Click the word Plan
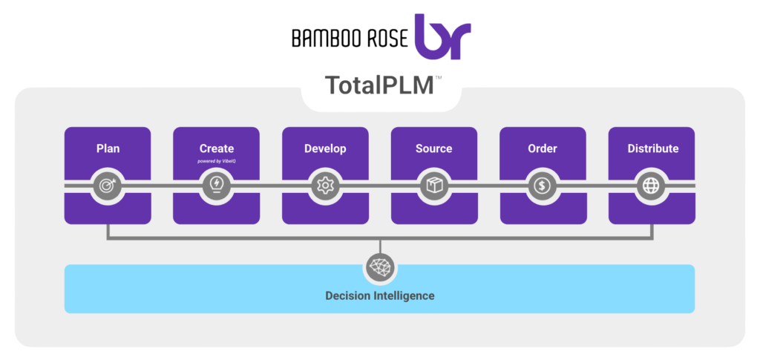[x=108, y=148]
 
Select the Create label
[x=217, y=148]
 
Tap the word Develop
[x=325, y=148]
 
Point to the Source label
[x=434, y=148]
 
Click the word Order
[x=543, y=148]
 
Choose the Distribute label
[x=652, y=148]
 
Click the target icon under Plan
[x=108, y=186]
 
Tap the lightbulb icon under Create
[x=217, y=186]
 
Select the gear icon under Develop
[x=325, y=186]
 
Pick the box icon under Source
[x=434, y=186]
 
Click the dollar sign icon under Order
[x=543, y=186]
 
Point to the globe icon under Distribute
[x=652, y=186]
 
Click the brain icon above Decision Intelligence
[x=380, y=266]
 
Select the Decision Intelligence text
[x=380, y=296]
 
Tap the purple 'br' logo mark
[x=442, y=37]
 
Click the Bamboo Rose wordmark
[x=350, y=38]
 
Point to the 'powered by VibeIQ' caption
[x=216, y=160]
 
